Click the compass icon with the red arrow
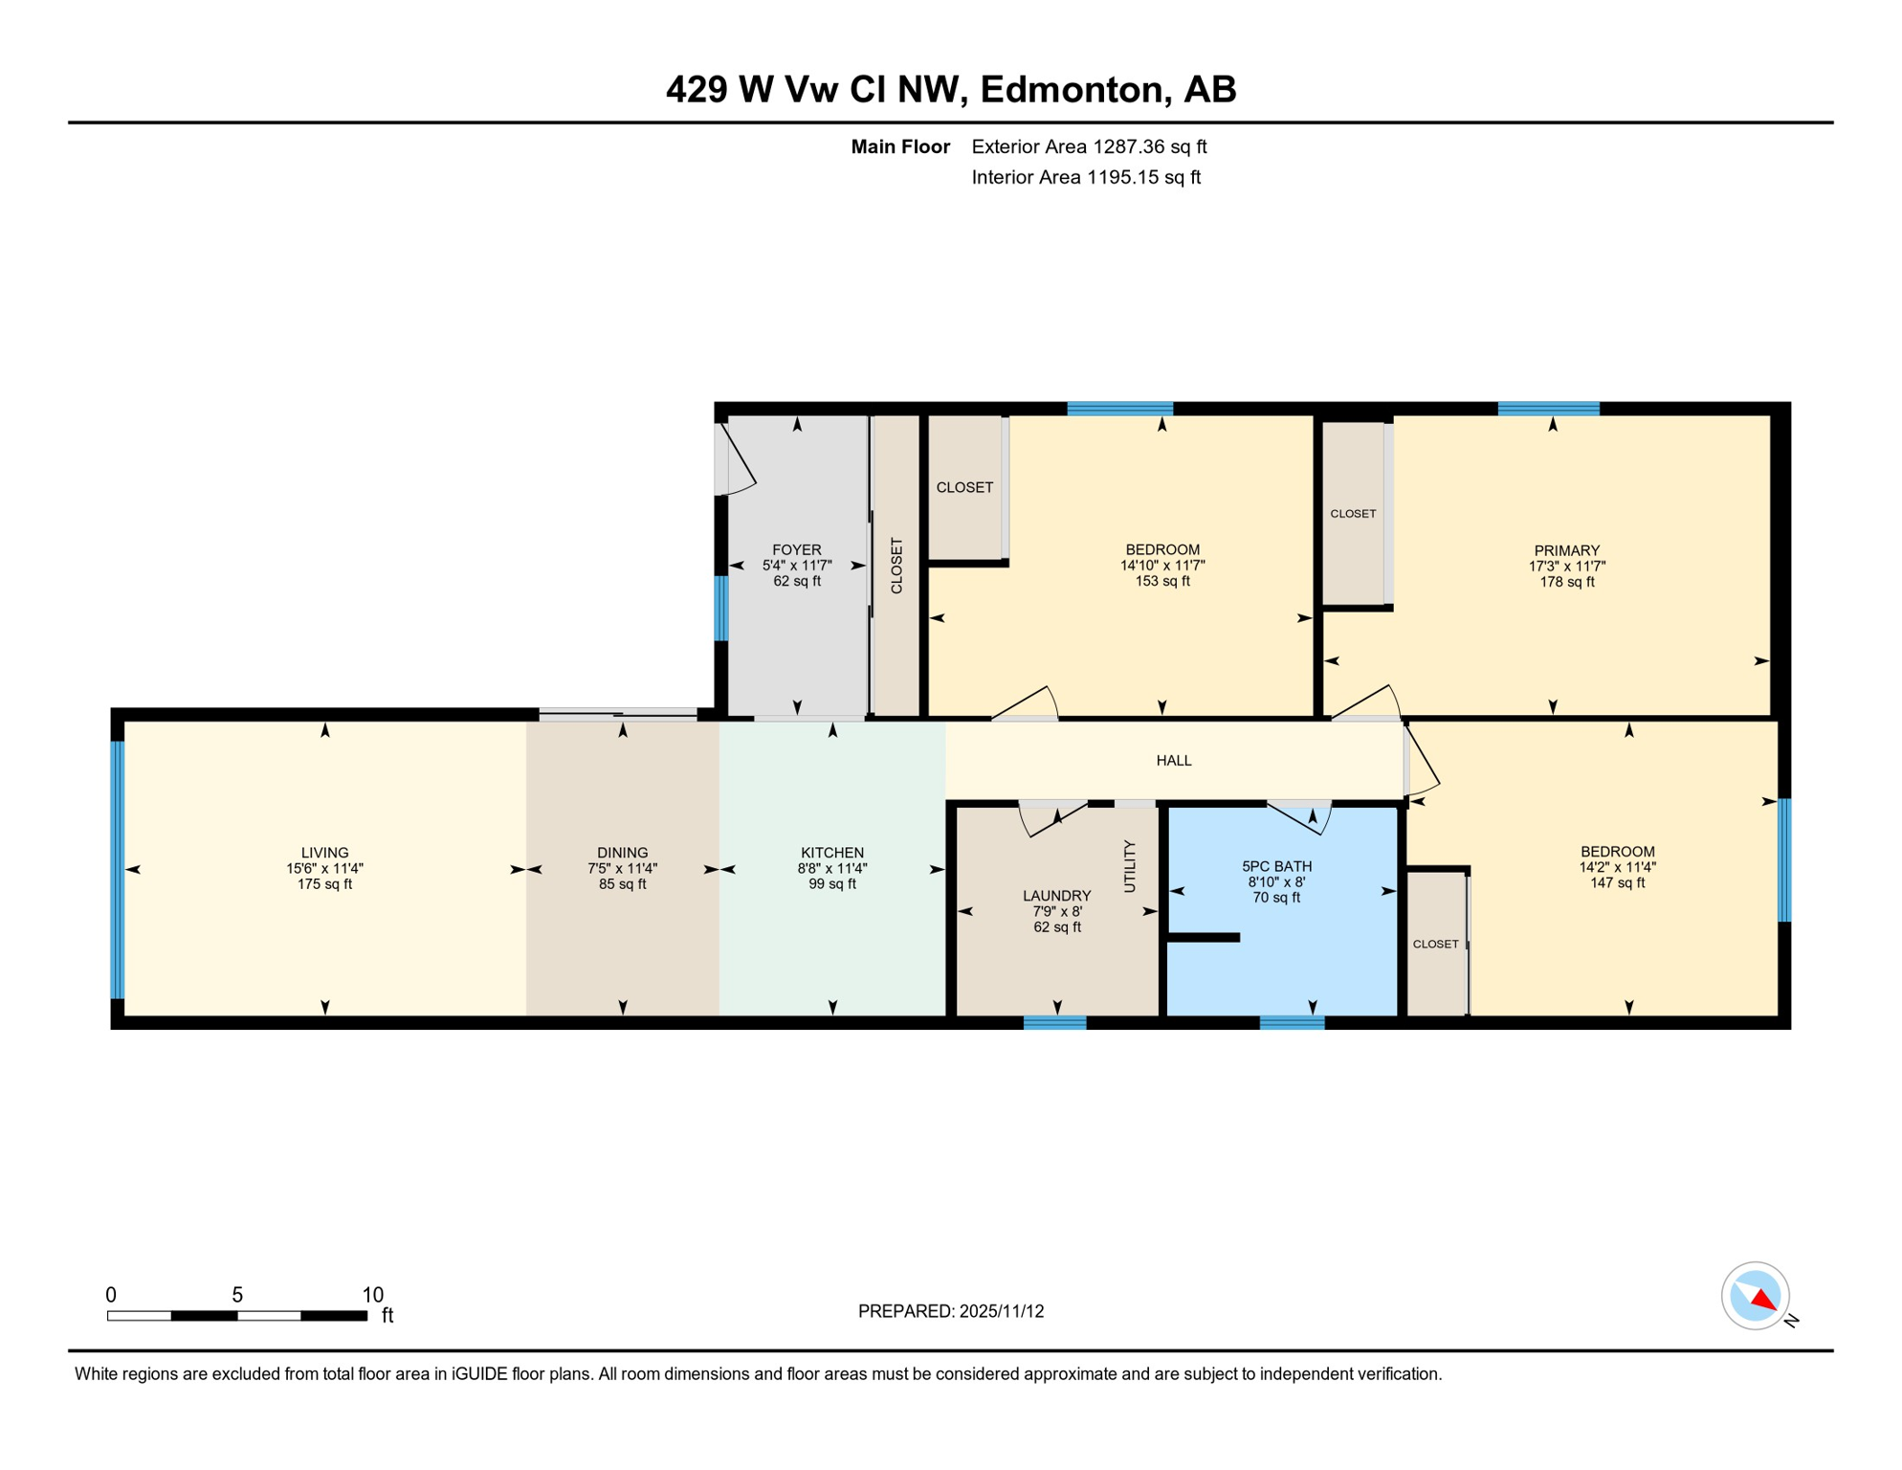click(1755, 1296)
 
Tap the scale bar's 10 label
click(372, 1295)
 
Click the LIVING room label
click(324, 853)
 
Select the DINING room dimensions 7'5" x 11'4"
click(622, 869)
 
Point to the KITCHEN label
click(831, 853)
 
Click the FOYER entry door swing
click(737, 461)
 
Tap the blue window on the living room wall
click(118, 869)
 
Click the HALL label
click(1173, 761)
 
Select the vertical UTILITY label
click(1129, 866)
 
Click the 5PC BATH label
click(1276, 867)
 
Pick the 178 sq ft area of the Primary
click(1566, 582)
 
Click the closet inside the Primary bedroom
click(1353, 514)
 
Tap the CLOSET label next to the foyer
click(896, 566)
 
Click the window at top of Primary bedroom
click(1548, 409)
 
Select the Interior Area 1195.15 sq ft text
click(1085, 177)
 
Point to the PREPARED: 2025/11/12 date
click(950, 1311)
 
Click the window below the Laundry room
click(1054, 1023)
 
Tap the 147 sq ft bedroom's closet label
click(1435, 944)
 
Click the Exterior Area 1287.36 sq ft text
click(1088, 146)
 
